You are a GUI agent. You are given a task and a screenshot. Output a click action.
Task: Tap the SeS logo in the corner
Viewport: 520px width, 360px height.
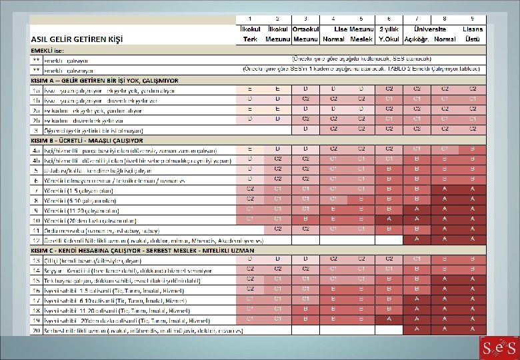[498, 347]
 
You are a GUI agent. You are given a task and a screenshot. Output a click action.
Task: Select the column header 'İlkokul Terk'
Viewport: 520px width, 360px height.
[250, 35]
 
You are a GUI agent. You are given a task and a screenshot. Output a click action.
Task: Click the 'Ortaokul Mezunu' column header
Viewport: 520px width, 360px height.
[305, 35]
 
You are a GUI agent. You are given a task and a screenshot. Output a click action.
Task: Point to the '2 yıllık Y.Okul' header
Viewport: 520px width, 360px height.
[389, 35]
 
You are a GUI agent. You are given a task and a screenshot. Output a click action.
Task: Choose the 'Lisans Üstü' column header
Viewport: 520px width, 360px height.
[472, 35]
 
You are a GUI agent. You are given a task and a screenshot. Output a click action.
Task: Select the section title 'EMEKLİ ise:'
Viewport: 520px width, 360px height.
[50, 51]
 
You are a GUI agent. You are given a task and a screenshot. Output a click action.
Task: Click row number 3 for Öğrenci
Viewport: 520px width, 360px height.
[37, 130]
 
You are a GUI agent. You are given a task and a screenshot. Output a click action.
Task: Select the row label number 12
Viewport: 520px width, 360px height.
[37, 240]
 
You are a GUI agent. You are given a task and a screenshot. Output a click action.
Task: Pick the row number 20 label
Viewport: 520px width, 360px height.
[37, 329]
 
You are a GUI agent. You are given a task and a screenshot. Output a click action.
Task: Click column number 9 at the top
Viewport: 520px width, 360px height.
[472, 18]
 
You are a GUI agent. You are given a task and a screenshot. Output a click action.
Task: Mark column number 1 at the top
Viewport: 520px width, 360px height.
[250, 18]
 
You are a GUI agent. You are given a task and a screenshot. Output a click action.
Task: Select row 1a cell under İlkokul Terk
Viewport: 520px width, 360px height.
[250, 89]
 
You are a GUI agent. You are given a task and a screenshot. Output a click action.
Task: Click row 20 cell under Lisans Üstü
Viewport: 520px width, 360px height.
[472, 329]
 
